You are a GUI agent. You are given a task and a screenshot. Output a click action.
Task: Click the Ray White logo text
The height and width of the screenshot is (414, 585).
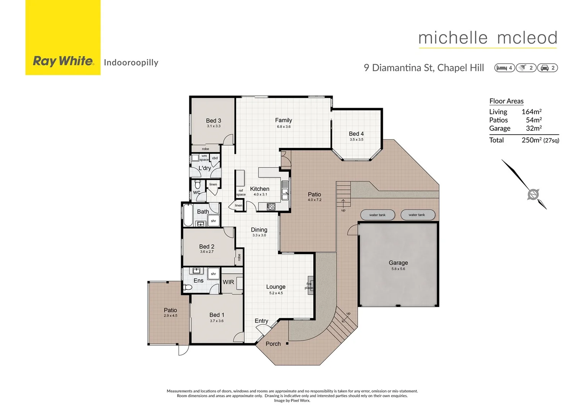coord(63,61)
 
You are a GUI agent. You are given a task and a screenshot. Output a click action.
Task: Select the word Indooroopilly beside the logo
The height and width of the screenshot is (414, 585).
coord(131,62)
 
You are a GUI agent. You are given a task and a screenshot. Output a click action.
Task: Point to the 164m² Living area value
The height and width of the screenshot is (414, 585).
coord(531,112)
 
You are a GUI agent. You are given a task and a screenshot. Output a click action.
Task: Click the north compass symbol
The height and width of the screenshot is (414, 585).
coord(533,194)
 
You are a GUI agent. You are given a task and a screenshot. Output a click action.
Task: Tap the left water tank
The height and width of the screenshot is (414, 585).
coord(377,215)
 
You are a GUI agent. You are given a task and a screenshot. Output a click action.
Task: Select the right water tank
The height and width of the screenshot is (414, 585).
coord(417,215)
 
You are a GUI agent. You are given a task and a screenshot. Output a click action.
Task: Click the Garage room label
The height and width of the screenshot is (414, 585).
coord(398,263)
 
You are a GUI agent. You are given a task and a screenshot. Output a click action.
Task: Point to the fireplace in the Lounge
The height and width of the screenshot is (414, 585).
coord(310,286)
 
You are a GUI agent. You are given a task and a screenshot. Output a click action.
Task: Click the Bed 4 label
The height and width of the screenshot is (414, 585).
coord(356,134)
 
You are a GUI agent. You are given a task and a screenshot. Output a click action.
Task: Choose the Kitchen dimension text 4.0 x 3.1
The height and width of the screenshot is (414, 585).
coord(260,195)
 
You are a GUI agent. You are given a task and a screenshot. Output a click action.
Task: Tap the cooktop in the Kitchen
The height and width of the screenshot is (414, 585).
coord(271,207)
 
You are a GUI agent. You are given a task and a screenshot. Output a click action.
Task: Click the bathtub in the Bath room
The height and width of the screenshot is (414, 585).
coord(188,216)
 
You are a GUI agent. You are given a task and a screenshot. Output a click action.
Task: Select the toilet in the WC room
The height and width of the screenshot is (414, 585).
coord(198,184)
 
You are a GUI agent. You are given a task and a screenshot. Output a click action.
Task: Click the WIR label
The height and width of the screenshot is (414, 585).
coord(228,282)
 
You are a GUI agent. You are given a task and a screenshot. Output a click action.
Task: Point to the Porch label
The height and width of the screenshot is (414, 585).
coord(273,344)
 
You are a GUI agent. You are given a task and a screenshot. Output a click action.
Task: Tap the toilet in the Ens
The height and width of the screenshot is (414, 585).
coord(188,287)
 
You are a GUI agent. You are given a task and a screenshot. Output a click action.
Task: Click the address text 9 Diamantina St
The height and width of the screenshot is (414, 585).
coord(398,68)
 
